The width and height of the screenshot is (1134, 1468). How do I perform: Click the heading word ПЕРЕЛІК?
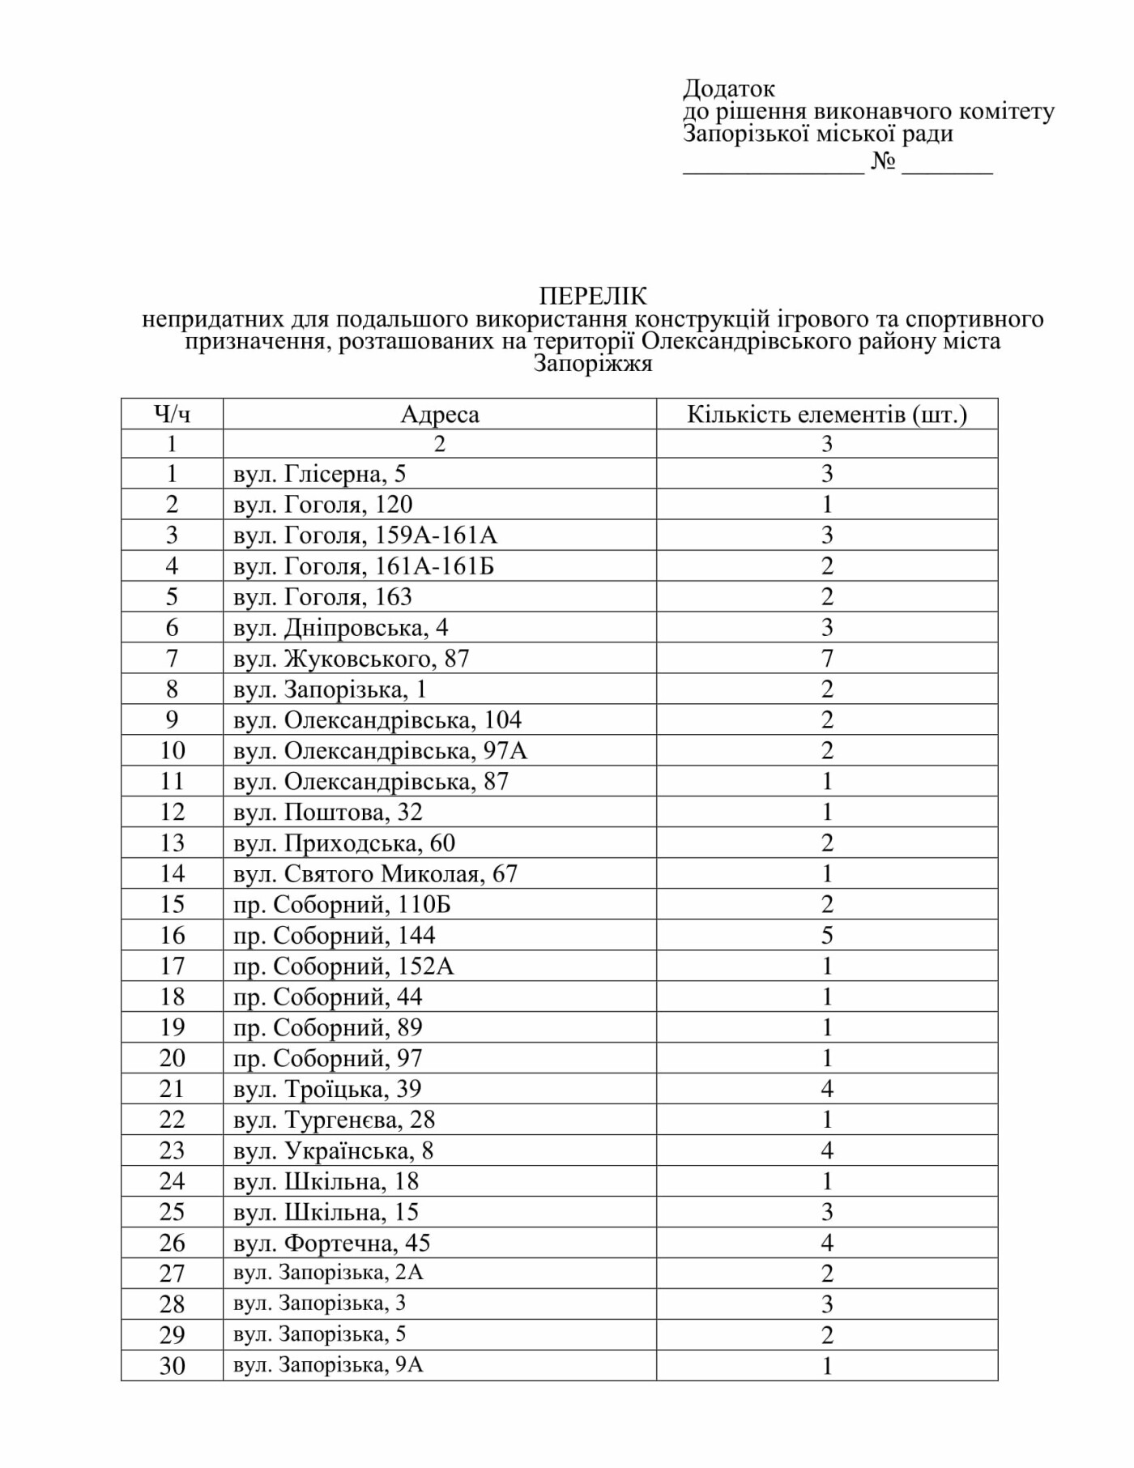click(593, 296)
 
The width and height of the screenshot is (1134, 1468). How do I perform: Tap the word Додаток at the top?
click(728, 87)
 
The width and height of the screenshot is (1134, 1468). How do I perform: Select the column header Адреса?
click(440, 414)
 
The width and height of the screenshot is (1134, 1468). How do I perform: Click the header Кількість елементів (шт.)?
click(827, 414)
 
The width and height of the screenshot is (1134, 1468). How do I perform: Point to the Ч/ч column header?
click(172, 414)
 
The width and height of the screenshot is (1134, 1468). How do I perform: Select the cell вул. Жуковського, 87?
click(351, 659)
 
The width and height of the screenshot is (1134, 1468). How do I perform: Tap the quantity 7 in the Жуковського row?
click(827, 659)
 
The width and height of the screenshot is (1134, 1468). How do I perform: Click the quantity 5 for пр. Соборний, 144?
click(827, 936)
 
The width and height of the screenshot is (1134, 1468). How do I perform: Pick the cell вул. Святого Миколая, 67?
click(375, 874)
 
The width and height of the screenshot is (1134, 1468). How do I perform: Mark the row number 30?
click(172, 1366)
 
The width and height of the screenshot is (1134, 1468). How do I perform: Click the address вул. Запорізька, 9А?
click(328, 1365)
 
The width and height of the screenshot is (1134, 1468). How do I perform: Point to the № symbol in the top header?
click(884, 161)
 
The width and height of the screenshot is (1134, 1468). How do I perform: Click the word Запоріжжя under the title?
click(593, 364)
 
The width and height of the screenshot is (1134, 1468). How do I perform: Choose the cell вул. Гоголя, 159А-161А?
click(365, 536)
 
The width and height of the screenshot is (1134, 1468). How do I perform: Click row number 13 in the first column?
click(172, 843)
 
